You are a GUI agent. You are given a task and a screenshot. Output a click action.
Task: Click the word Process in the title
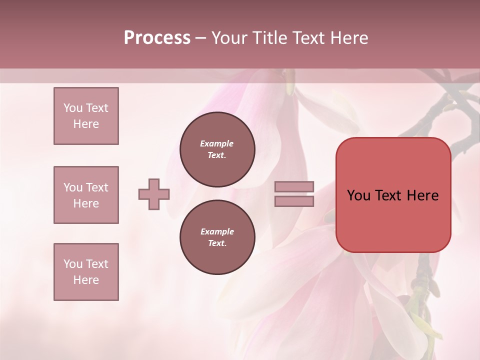pyautogui.click(x=157, y=38)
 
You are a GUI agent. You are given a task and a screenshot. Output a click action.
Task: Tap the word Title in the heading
pyautogui.click(x=270, y=38)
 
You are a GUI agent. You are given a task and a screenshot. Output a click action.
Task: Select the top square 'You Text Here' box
pyautogui.click(x=86, y=116)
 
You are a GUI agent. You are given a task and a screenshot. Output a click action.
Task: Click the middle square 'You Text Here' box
pyautogui.click(x=86, y=195)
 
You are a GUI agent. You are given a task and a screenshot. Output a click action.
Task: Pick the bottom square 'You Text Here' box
pyautogui.click(x=86, y=272)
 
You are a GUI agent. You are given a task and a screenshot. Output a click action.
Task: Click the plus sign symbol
pyautogui.click(x=154, y=194)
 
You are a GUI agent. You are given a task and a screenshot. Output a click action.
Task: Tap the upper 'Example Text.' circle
pyautogui.click(x=217, y=149)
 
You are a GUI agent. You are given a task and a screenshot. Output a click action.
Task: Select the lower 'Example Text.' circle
pyautogui.click(x=217, y=237)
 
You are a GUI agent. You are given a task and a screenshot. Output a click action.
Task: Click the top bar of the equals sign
pyautogui.click(x=294, y=187)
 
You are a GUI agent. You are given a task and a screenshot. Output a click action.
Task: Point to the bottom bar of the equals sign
pyautogui.click(x=294, y=201)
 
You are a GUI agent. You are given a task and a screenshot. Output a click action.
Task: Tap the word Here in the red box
pyautogui.click(x=422, y=195)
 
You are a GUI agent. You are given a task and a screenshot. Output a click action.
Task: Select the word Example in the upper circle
pyautogui.click(x=217, y=143)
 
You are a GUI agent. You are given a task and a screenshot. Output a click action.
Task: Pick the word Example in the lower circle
pyautogui.click(x=217, y=231)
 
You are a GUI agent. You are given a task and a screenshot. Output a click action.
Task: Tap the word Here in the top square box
pyautogui.click(x=86, y=124)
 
